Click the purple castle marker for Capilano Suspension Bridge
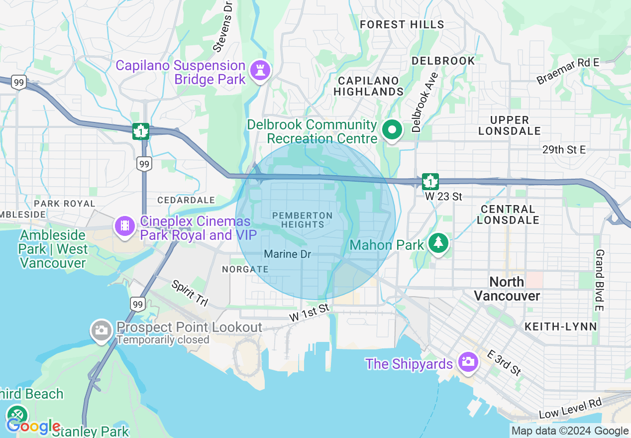[x=260, y=70]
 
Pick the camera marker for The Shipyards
[x=468, y=361]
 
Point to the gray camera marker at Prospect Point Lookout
[x=101, y=330]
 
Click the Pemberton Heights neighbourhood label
[x=303, y=219]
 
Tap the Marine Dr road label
[x=287, y=254]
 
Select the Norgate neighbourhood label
[x=245, y=269]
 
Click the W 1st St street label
[x=310, y=312]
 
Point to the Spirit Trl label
[x=190, y=294]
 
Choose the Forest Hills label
[x=402, y=24]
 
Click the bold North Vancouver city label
[x=507, y=289]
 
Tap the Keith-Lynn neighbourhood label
[x=560, y=327]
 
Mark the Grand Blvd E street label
[x=599, y=280]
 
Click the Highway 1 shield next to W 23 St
[x=430, y=182]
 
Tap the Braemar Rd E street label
[x=568, y=71]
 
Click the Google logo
[x=33, y=426]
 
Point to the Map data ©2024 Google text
[x=570, y=431]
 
